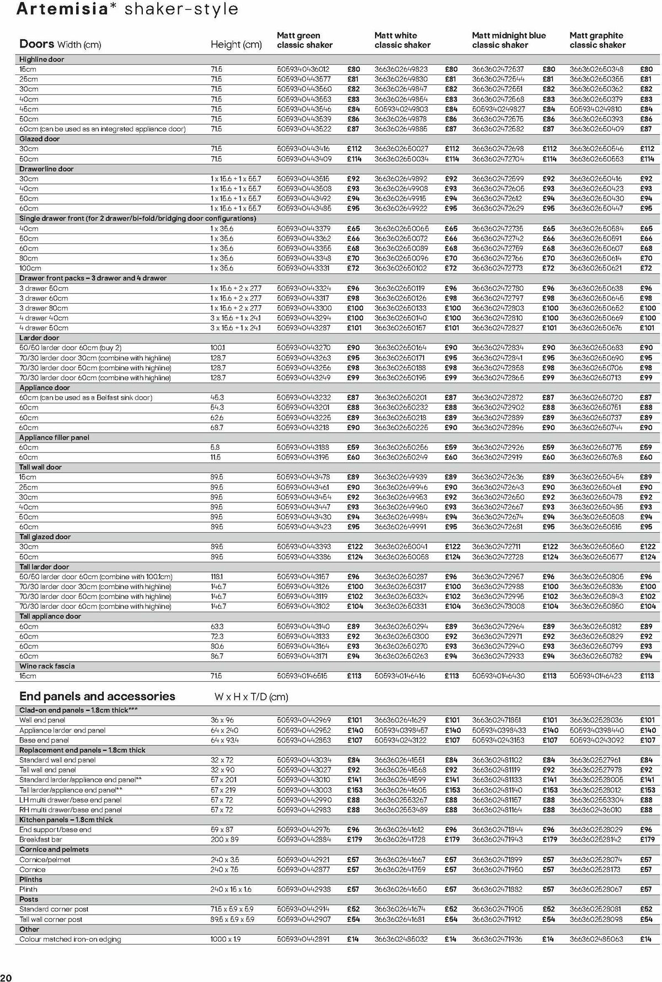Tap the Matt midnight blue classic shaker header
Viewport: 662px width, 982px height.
pos(509,40)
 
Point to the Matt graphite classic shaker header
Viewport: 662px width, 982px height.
pos(597,40)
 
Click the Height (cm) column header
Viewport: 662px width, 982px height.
pos(236,45)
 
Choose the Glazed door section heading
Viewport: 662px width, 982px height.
pos(39,139)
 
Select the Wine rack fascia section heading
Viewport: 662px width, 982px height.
pos(47,666)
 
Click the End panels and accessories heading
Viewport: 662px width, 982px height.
pos(97,697)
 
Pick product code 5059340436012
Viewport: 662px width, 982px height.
pos(303,70)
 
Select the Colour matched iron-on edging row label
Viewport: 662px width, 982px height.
pos(70,939)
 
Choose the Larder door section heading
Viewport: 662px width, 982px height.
pos(39,338)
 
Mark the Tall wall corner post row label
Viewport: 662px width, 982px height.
pos(51,920)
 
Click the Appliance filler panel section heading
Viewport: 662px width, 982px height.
pos(54,438)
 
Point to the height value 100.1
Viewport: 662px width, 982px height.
pos(217,348)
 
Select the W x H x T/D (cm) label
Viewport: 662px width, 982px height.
pos(251,697)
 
